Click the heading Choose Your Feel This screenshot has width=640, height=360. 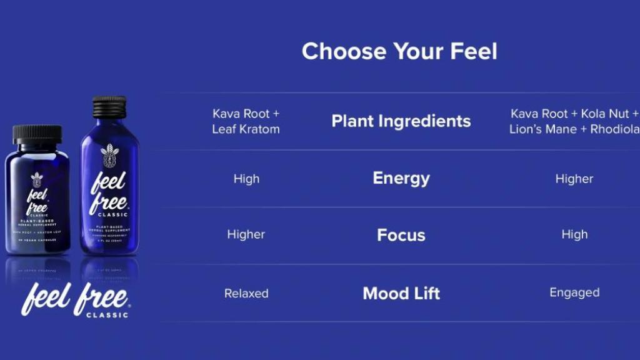[399, 51]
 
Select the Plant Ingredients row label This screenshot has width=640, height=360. [401, 121]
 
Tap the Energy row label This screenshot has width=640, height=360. [401, 178]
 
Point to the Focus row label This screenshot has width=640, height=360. [401, 235]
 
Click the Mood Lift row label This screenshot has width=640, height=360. [401, 293]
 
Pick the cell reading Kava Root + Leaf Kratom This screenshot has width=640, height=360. [246, 121]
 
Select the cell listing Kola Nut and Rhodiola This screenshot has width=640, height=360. [574, 121]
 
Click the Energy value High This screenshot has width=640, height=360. [246, 179]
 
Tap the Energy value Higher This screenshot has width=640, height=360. [574, 179]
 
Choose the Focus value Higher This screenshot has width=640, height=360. [246, 234]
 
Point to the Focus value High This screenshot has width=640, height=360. [574, 234]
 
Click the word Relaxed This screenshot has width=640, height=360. [246, 293]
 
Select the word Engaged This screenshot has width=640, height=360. [574, 292]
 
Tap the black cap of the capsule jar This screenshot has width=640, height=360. [37, 134]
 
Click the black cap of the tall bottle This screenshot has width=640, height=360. [109, 107]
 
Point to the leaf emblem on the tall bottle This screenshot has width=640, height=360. [109, 156]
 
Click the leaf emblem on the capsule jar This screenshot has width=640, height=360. [37, 179]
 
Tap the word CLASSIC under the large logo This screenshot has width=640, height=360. [108, 315]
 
